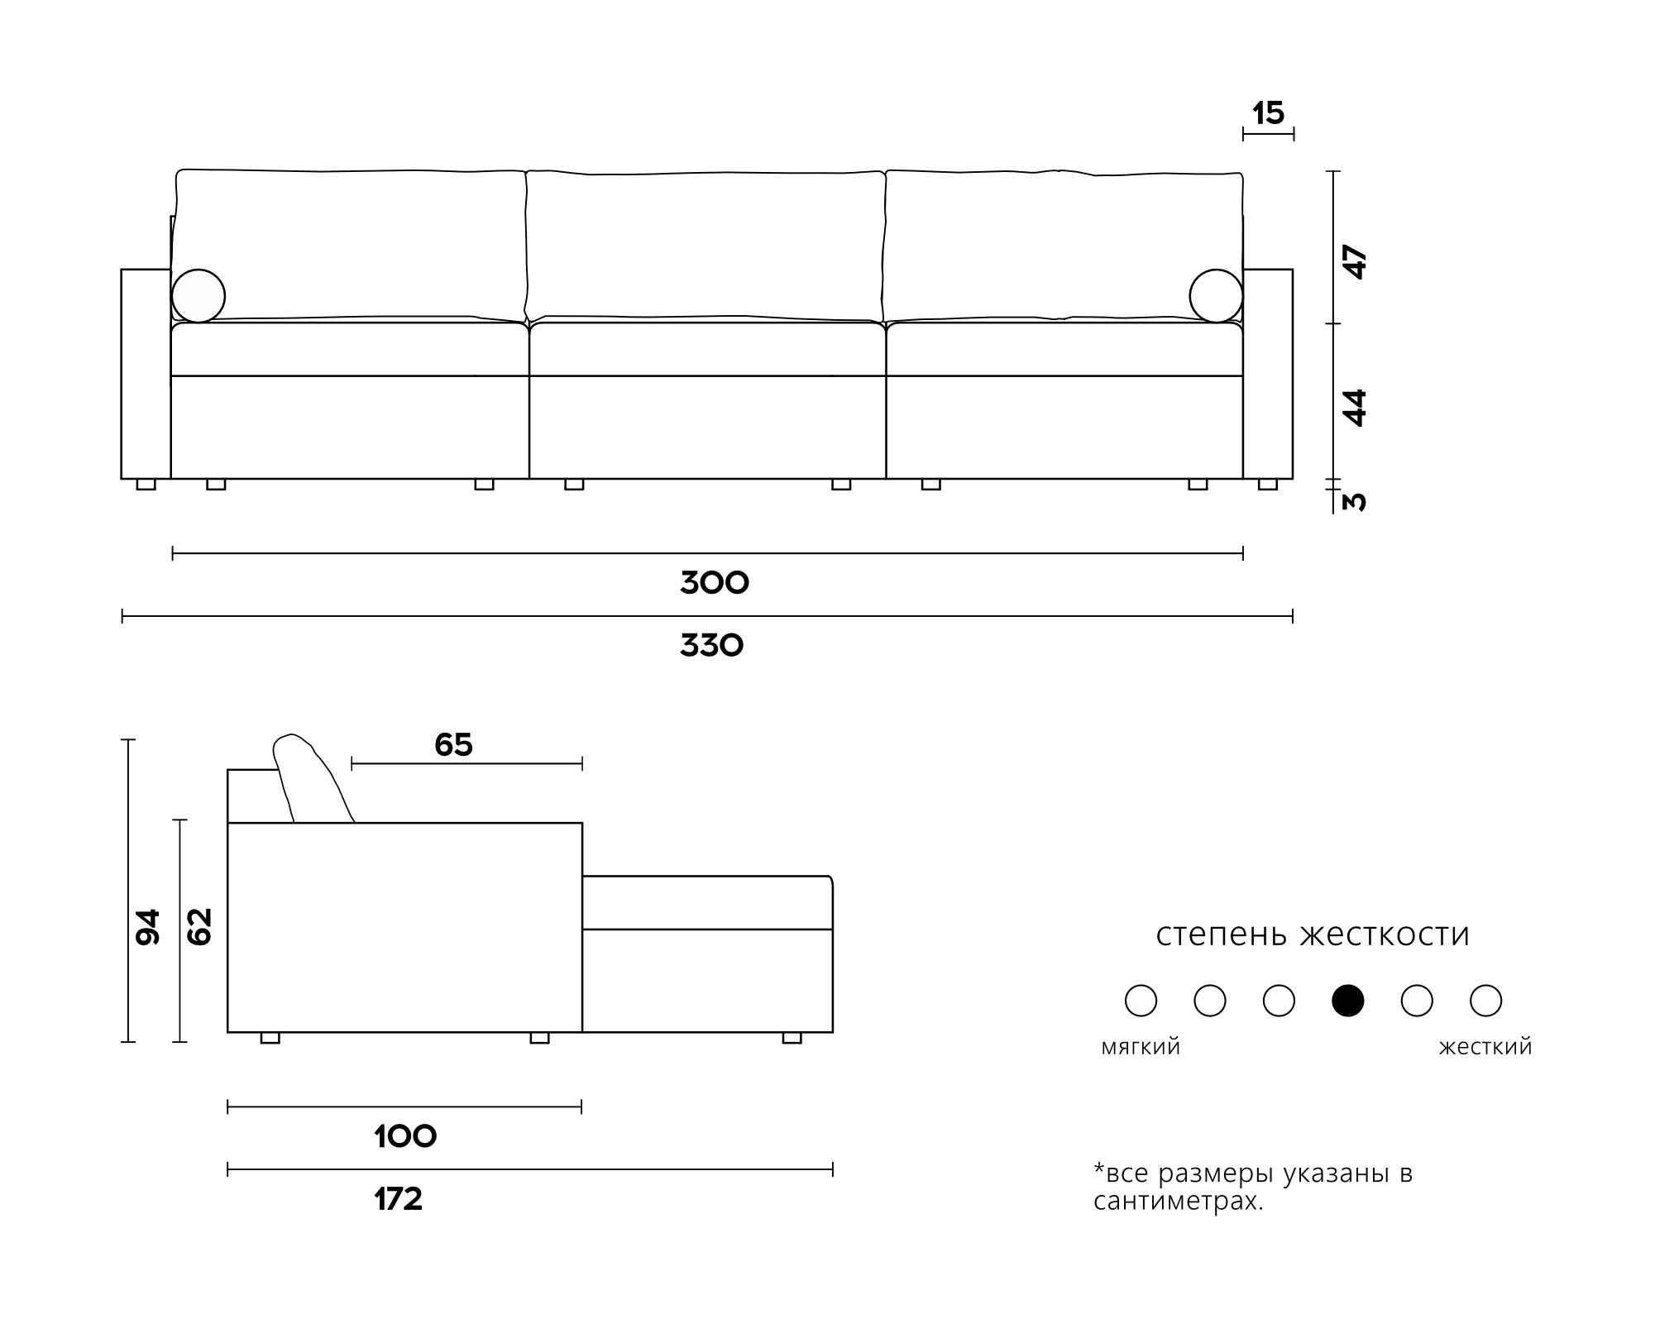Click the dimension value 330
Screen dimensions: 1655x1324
(x=712, y=646)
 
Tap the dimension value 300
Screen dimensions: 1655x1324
(x=715, y=583)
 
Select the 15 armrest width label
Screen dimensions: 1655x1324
(x=1268, y=113)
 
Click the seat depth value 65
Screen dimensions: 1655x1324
(x=453, y=745)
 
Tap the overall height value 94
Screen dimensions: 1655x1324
(x=148, y=927)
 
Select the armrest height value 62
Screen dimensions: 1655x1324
(x=200, y=927)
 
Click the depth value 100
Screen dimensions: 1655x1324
(x=405, y=1137)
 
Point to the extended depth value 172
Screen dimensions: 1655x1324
(x=399, y=1199)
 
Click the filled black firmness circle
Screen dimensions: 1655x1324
(x=1347, y=1001)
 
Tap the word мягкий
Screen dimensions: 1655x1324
(x=1141, y=1048)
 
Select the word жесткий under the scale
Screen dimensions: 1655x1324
(x=1485, y=1048)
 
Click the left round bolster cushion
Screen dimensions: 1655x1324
(x=199, y=295)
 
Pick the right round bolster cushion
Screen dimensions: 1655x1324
(x=1216, y=295)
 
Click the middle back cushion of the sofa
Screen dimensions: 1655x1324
(x=706, y=246)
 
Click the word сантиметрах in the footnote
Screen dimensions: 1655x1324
(x=1178, y=1201)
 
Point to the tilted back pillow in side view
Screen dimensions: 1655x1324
(x=312, y=777)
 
